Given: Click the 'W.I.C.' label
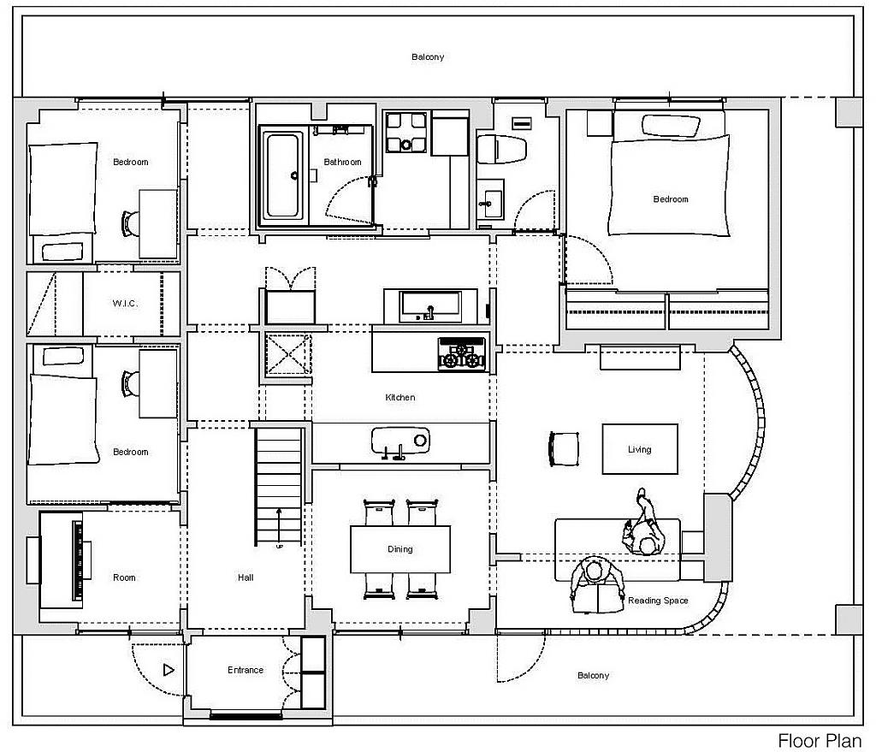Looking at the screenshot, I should pyautogui.click(x=125, y=304).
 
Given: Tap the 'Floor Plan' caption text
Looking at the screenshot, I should pyautogui.click(x=819, y=741).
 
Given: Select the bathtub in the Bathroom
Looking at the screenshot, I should pyautogui.click(x=282, y=175).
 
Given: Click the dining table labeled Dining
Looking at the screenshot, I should pyautogui.click(x=400, y=549).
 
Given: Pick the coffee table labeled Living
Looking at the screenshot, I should pyautogui.click(x=639, y=449).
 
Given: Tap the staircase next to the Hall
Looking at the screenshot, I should pyautogui.click(x=280, y=486).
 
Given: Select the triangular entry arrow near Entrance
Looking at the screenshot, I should pyautogui.click(x=169, y=670).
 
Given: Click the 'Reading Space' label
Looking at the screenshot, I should pyautogui.click(x=658, y=601).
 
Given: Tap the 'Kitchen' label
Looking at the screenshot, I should pyautogui.click(x=400, y=398).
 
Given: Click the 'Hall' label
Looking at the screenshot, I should pyautogui.click(x=246, y=577).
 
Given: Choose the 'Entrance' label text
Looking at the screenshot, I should pyautogui.click(x=246, y=670).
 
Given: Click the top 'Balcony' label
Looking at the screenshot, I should pyautogui.click(x=428, y=57).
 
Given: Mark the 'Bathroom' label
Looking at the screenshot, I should pyautogui.click(x=342, y=162).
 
